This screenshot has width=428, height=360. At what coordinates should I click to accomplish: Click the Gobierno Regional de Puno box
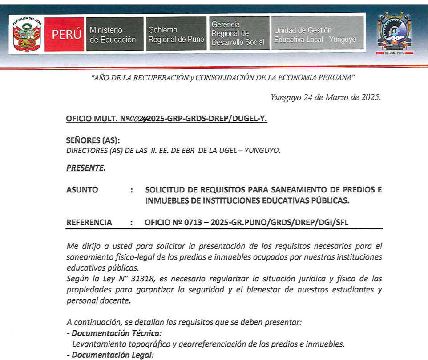176,35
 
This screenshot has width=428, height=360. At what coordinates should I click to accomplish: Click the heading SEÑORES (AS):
93,140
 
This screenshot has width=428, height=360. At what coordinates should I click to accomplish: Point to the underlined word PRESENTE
86,168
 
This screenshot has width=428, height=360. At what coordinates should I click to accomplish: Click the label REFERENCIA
89,222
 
